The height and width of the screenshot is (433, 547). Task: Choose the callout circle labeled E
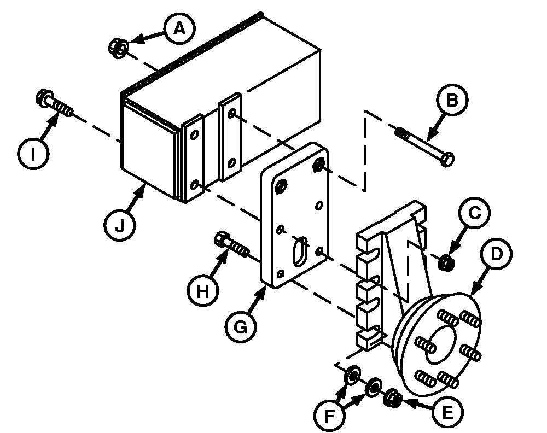tap(447, 411)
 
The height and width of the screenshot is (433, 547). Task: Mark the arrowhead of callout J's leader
tap(146, 186)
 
